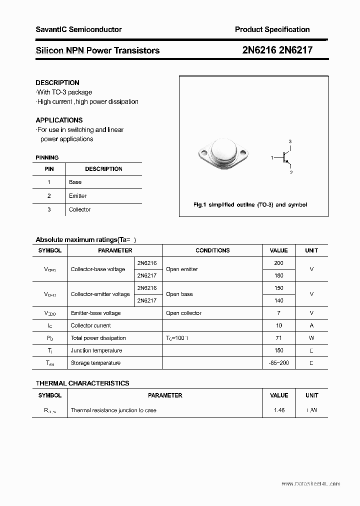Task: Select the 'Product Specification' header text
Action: [272, 29]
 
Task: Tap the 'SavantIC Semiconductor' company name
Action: [78, 29]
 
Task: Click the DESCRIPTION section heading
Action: [57, 82]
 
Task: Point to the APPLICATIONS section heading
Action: [59, 120]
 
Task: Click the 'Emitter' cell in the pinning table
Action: [77, 196]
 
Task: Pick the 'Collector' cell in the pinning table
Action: [79, 209]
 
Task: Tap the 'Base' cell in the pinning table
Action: [75, 182]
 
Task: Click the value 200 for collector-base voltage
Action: [278, 263]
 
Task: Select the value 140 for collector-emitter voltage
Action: [278, 300]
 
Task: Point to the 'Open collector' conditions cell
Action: [183, 313]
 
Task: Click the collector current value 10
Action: [278, 325]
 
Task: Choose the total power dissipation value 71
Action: [278, 338]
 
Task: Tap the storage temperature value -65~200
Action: [278, 363]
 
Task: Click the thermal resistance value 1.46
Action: [278, 410]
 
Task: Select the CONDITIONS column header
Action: [212, 250]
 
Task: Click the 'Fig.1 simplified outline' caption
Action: [250, 204]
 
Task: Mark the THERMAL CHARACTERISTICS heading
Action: [82, 383]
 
